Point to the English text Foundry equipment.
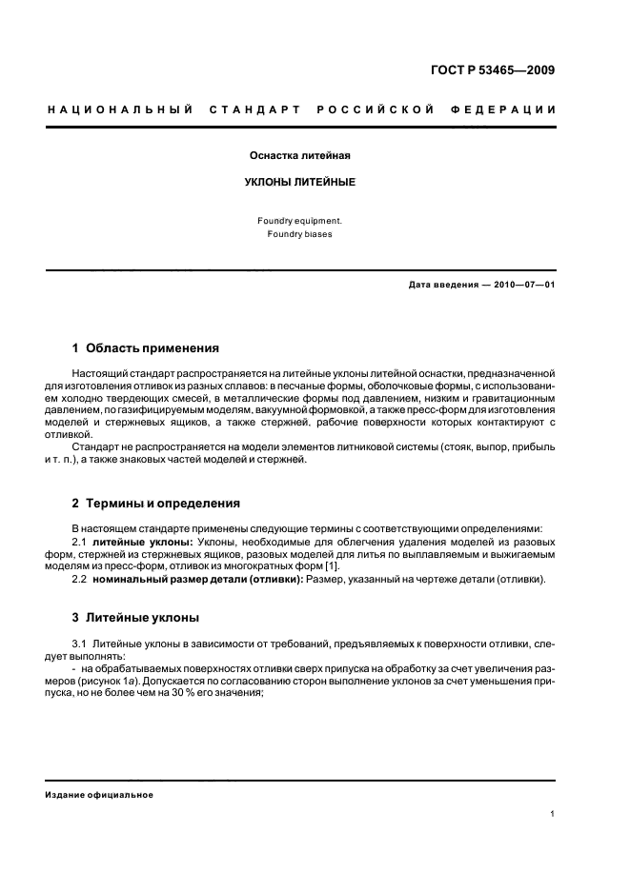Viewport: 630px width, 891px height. pyautogui.click(x=300, y=220)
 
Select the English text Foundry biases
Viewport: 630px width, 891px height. pyautogui.click(x=300, y=233)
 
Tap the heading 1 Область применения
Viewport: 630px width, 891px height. pyautogui.click(x=146, y=348)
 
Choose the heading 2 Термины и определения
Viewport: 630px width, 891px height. pyautogui.click(x=156, y=503)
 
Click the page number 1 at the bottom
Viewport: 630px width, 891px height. pyautogui.click(x=553, y=814)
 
